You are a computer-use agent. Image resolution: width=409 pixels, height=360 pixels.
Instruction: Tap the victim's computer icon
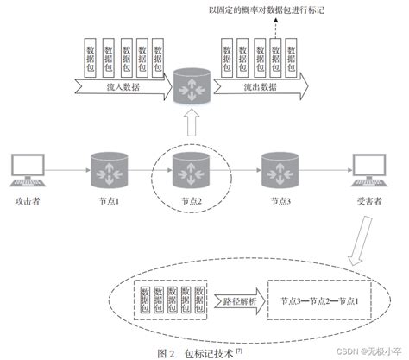tap(373, 172)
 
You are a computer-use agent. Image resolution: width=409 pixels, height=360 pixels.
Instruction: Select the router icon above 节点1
tap(110, 167)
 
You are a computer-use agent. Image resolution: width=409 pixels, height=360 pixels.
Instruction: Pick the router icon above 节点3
tap(277, 167)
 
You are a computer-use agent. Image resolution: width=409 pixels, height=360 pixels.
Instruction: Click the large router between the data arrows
tap(192, 88)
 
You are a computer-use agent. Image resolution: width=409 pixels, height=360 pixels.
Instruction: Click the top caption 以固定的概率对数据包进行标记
tap(274, 9)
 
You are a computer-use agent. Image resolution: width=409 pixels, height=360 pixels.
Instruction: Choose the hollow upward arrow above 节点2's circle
tap(192, 127)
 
